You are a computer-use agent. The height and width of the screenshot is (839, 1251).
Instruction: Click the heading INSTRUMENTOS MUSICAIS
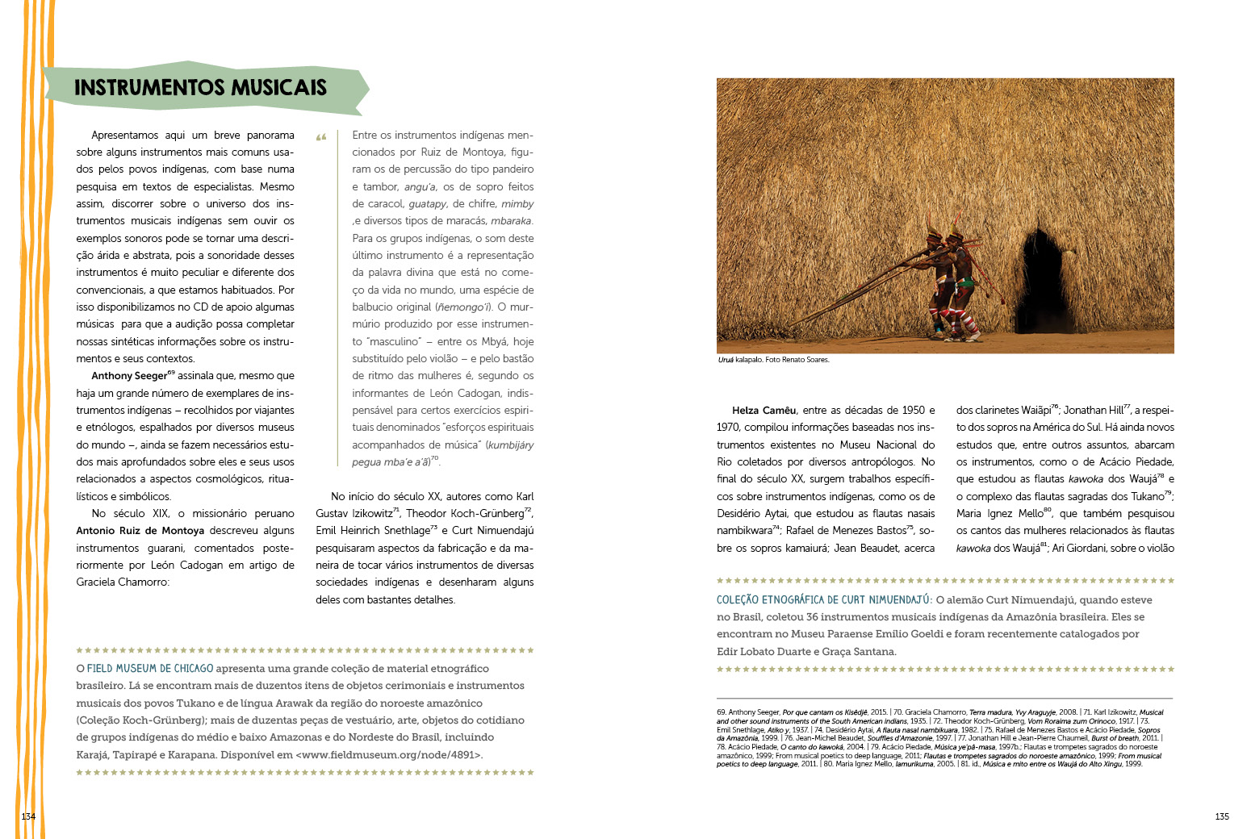tap(200, 87)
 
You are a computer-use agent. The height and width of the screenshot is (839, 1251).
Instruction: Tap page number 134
tap(28, 816)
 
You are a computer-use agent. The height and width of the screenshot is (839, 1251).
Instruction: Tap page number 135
tap(1222, 816)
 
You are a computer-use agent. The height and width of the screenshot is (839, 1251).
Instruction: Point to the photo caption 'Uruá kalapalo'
tap(773, 360)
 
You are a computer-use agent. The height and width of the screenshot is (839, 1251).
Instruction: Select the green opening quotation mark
tap(321, 137)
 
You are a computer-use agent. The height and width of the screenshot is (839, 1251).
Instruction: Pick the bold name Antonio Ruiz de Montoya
tap(140, 531)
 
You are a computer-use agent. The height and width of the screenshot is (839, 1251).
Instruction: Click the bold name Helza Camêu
tap(764, 411)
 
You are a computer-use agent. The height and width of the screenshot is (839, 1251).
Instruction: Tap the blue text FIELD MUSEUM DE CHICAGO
tap(150, 668)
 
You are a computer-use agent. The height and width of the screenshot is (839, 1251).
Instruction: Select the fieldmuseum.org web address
tap(389, 755)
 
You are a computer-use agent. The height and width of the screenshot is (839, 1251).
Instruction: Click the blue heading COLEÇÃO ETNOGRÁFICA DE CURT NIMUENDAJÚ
tap(823, 599)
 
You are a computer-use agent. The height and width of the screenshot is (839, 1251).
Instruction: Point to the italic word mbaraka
tap(511, 221)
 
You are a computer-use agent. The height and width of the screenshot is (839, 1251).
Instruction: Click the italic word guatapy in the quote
tap(427, 204)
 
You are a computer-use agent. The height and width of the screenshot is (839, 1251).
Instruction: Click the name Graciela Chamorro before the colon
tap(122, 582)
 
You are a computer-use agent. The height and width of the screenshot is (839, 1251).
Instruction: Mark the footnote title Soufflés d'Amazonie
tap(897, 738)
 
